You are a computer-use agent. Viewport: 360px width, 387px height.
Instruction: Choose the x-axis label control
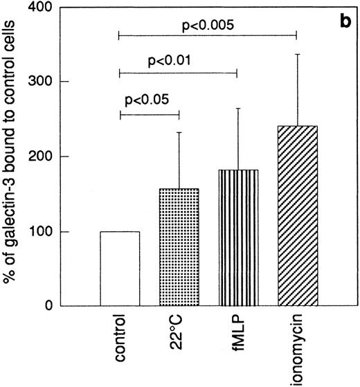point(121,335)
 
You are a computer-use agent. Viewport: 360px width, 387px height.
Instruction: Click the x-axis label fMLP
point(238,332)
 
